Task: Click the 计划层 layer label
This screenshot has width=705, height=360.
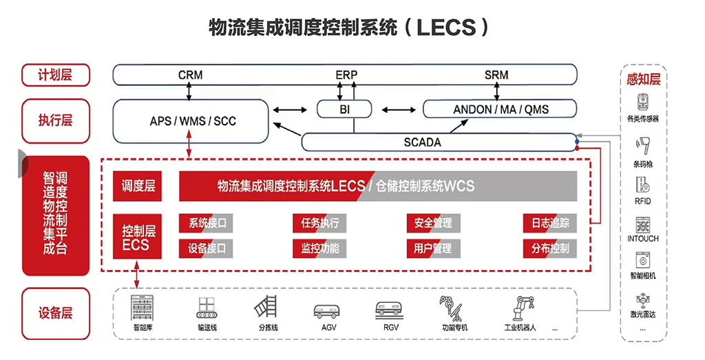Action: pyautogui.click(x=55, y=75)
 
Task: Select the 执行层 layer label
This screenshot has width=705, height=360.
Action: pyautogui.click(x=55, y=120)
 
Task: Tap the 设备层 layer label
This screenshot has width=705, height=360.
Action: pyautogui.click(x=55, y=313)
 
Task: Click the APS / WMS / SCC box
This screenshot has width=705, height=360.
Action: pyautogui.click(x=190, y=121)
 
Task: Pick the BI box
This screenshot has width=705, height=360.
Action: pyautogui.click(x=344, y=109)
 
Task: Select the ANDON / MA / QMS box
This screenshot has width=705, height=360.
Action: pyautogui.click(x=500, y=109)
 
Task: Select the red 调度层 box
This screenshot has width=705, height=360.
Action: pyautogui.click(x=138, y=186)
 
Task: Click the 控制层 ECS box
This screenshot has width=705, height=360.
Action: pyautogui.click(x=138, y=237)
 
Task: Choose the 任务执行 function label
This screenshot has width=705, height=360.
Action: pyautogui.click(x=319, y=223)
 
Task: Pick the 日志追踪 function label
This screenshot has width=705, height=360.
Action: pyautogui.click(x=550, y=223)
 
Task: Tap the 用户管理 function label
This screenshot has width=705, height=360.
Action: pyautogui.click(x=433, y=248)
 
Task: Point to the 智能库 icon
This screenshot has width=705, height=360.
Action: pyautogui.click(x=143, y=307)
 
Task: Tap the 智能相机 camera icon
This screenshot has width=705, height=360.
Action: pyautogui.click(x=643, y=260)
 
